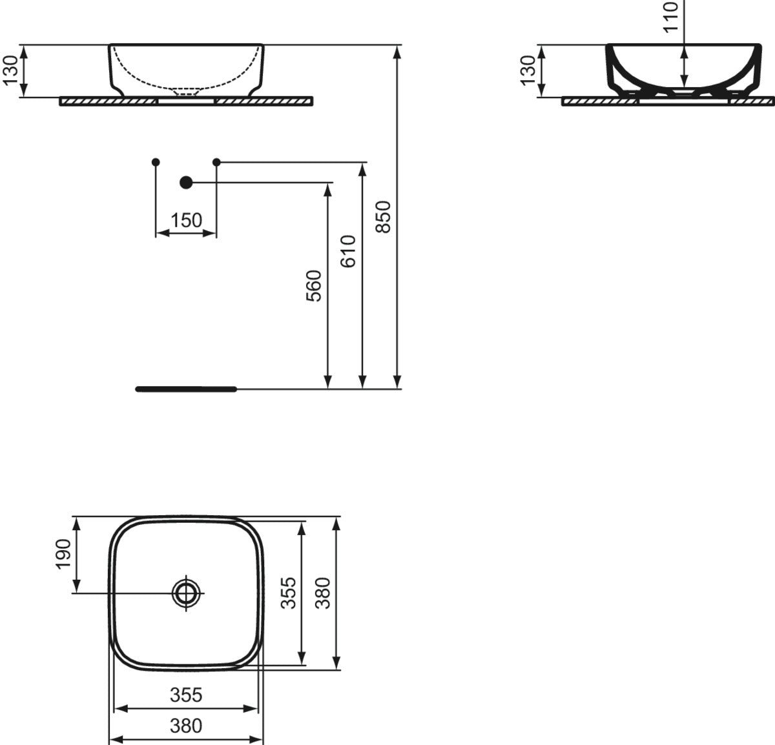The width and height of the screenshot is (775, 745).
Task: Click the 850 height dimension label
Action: click(x=383, y=217)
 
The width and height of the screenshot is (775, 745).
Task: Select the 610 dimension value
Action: click(x=348, y=251)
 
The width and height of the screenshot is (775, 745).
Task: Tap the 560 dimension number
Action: click(x=314, y=286)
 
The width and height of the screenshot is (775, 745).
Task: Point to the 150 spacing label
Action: click(x=186, y=220)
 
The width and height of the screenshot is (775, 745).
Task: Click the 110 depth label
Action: click(x=670, y=16)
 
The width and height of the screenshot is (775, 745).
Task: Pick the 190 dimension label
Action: click(x=63, y=554)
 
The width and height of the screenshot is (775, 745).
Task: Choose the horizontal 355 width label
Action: click(x=186, y=695)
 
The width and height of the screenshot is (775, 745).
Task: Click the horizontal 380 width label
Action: click(x=186, y=726)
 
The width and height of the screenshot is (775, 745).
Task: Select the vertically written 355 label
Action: click(x=289, y=593)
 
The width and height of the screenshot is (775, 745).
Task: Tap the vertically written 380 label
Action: click(x=323, y=593)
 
